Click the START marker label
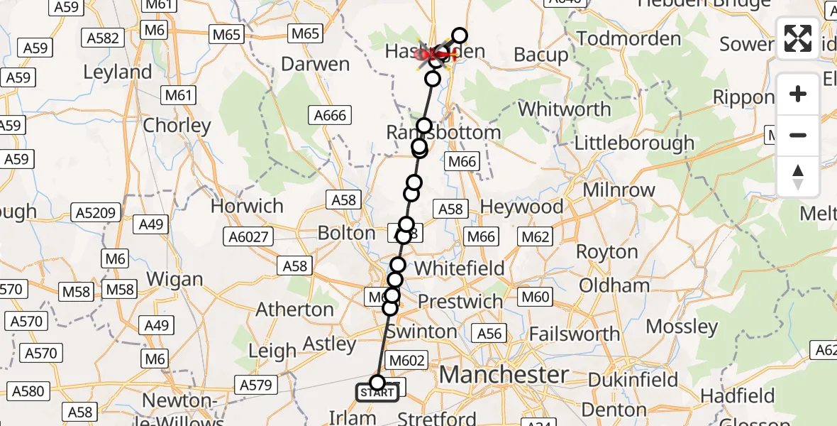click(377, 393)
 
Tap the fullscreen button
click(798, 38)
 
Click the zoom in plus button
click(798, 94)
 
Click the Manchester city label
click(504, 374)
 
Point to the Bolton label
click(347, 233)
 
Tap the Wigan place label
click(174, 280)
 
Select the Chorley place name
click(177, 126)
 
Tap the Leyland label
click(118, 72)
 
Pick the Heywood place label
click(521, 207)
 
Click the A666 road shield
click(331, 115)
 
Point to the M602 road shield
click(407, 361)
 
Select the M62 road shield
click(536, 236)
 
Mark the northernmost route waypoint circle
click(460, 35)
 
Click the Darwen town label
click(316, 64)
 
